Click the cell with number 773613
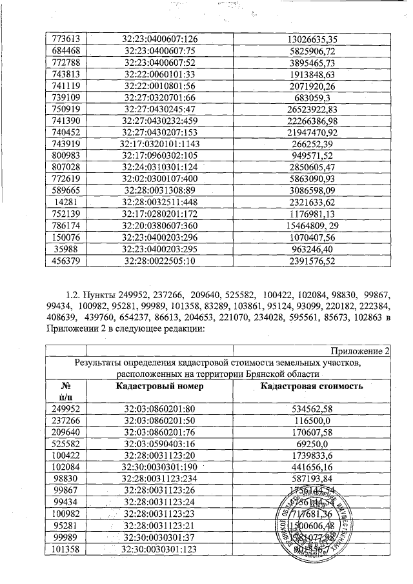[63, 39]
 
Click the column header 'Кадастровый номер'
[159, 386]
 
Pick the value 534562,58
[311, 409]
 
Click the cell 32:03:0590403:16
[159, 444]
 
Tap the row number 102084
[63, 467]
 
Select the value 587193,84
[311, 479]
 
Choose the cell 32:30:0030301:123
[159, 549]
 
